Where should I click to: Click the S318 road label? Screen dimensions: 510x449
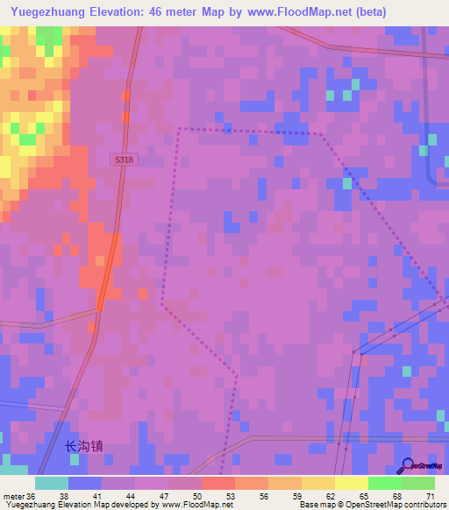click(x=123, y=159)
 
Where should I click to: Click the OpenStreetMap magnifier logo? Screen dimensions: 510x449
click(x=410, y=465)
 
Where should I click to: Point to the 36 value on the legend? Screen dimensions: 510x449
click(x=32, y=497)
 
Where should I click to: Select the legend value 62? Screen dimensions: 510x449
click(x=331, y=497)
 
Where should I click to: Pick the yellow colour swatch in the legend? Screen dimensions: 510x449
click(x=351, y=483)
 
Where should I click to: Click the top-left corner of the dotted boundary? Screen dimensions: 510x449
click(x=179, y=129)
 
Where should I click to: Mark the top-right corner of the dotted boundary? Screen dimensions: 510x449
click(x=320, y=134)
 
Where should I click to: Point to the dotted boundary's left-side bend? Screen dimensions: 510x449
click(x=161, y=305)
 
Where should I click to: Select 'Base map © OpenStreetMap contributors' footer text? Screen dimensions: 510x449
click(x=372, y=505)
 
